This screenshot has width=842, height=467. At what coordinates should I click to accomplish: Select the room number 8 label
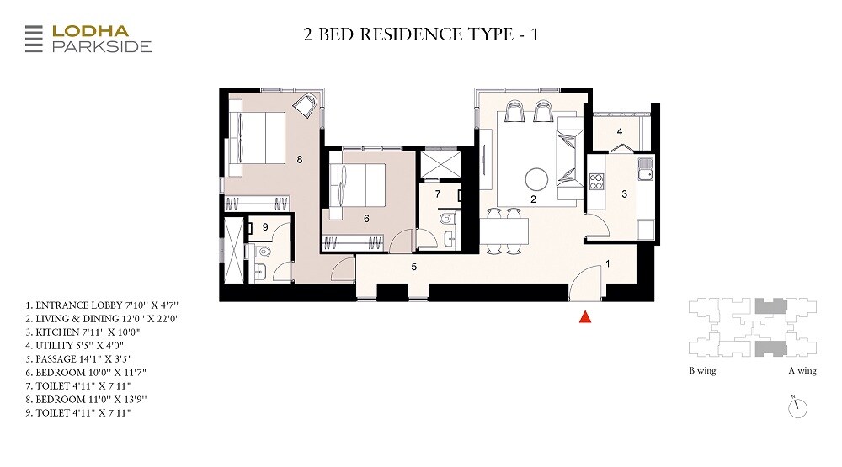tap(299, 157)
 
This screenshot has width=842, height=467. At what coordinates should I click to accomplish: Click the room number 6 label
tap(366, 218)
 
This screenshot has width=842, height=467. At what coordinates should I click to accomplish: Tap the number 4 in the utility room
tap(619, 131)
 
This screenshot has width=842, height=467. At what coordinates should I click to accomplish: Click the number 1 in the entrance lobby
tap(607, 264)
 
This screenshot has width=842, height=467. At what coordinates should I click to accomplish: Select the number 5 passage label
tap(413, 267)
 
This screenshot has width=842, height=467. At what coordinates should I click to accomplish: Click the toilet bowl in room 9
tap(262, 252)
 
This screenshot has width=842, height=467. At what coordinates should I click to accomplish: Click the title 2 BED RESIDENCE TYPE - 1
tap(420, 34)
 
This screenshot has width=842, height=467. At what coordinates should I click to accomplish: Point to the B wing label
tap(702, 371)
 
